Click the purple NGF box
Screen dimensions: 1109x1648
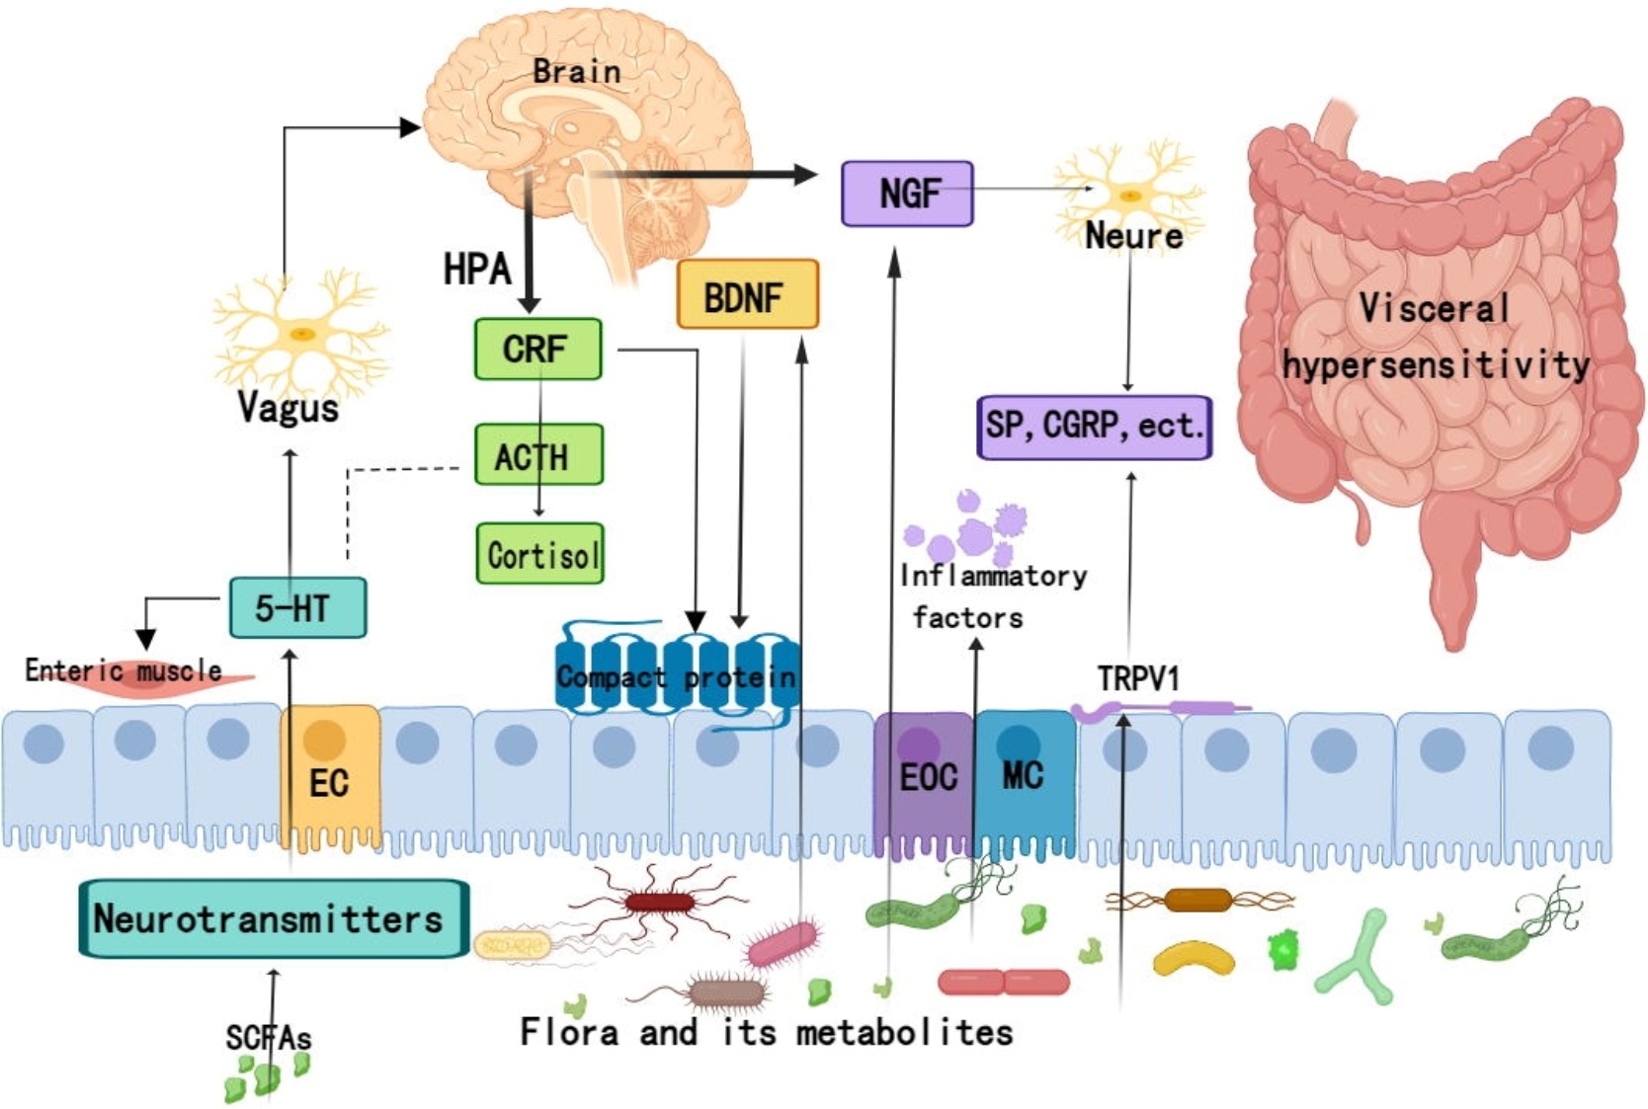click(x=907, y=194)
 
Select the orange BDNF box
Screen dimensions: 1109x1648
click(x=747, y=294)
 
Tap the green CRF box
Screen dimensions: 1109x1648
click(x=537, y=349)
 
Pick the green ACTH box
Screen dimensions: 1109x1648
click(x=537, y=455)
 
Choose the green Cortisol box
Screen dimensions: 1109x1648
click(x=539, y=554)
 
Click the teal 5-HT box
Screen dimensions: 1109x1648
click(x=297, y=607)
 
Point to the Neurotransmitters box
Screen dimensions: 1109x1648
click(x=273, y=918)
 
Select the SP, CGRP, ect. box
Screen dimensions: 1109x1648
click(x=1094, y=427)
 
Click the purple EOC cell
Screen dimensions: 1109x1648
click(x=924, y=780)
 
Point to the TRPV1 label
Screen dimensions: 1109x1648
click(x=1138, y=678)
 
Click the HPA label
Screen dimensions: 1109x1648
click(x=476, y=269)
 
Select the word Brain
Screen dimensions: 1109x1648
click(x=576, y=71)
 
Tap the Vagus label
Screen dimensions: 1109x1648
click(x=288, y=408)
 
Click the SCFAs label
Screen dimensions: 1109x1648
click(x=268, y=1037)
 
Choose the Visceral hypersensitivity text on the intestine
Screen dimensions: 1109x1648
click(x=1435, y=337)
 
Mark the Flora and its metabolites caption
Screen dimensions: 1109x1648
click(x=767, y=1032)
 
